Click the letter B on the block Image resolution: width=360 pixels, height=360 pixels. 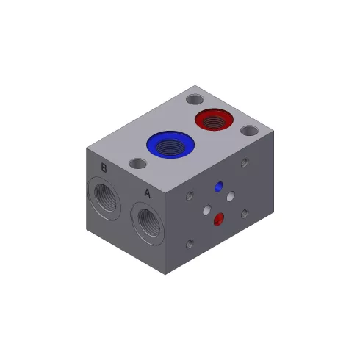(x=104, y=168)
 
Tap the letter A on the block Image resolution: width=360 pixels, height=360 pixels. (x=147, y=193)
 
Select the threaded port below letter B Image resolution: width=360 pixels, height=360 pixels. (x=104, y=198)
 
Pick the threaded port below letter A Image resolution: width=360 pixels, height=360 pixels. (x=148, y=223)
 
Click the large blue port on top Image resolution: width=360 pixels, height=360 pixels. (x=170, y=145)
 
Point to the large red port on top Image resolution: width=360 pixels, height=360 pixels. (x=214, y=120)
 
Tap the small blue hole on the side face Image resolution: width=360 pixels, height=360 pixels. (x=219, y=187)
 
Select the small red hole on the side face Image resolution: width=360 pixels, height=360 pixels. (x=219, y=219)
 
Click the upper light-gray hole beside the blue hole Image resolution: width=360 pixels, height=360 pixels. (x=231, y=196)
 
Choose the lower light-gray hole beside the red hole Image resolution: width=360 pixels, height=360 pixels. (x=207, y=210)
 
